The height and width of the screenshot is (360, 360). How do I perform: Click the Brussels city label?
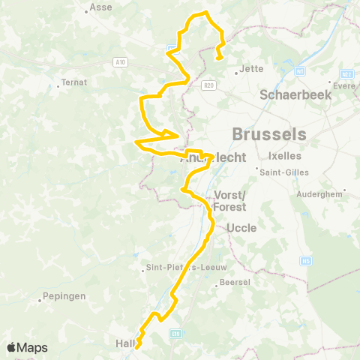pyautogui.click(x=269, y=134)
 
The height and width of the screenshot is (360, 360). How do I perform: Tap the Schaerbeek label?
pyautogui.click(x=284, y=94)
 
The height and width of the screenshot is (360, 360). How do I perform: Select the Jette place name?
pyautogui.click(x=252, y=68)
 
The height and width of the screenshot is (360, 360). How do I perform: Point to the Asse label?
pyautogui.click(x=100, y=7)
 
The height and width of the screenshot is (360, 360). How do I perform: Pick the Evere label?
pyautogui.click(x=344, y=85)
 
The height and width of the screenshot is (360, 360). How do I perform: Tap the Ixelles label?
pyautogui.click(x=285, y=156)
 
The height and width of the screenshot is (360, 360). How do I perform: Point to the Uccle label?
pyautogui.click(x=241, y=227)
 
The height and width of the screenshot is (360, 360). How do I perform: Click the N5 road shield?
pyautogui.click(x=305, y=260)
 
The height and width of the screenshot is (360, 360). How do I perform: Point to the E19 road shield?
pyautogui.click(x=175, y=333)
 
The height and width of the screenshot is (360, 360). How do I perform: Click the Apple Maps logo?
pyautogui.click(x=27, y=347)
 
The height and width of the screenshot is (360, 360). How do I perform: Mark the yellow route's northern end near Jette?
pyautogui.click(x=217, y=58)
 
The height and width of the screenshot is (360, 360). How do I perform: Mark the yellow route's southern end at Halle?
pyautogui.click(x=137, y=346)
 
